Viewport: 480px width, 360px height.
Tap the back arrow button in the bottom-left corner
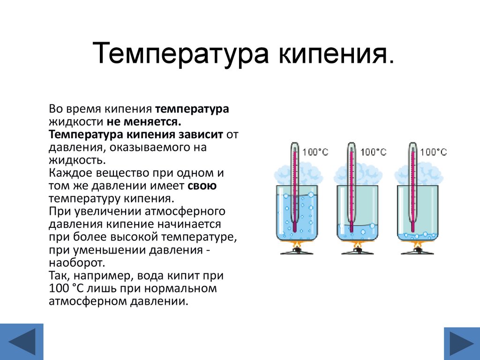(x=22, y=342)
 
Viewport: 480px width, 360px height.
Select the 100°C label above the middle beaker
(x=374, y=152)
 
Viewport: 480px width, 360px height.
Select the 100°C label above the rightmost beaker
(x=434, y=152)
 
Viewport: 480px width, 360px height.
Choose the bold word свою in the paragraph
(x=202, y=186)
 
